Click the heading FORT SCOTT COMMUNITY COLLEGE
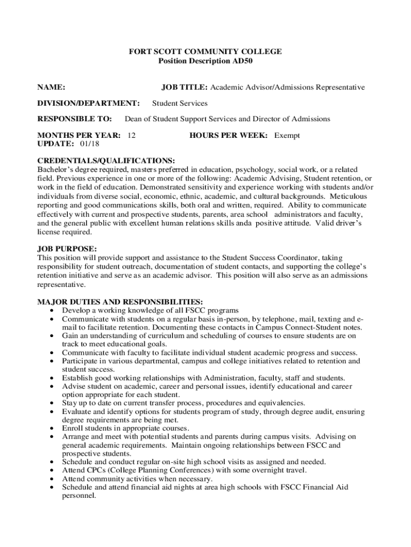[x=205, y=52]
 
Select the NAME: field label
[x=51, y=87]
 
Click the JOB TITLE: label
[x=185, y=87]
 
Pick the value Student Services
[x=180, y=103]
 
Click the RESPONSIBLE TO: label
[x=74, y=119]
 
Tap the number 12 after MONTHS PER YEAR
[x=131, y=135]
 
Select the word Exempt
[x=287, y=135]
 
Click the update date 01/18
[x=89, y=144]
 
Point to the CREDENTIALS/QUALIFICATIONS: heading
[x=106, y=160]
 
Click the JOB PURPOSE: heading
[x=67, y=249]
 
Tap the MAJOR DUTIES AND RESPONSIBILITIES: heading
[x=120, y=302]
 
